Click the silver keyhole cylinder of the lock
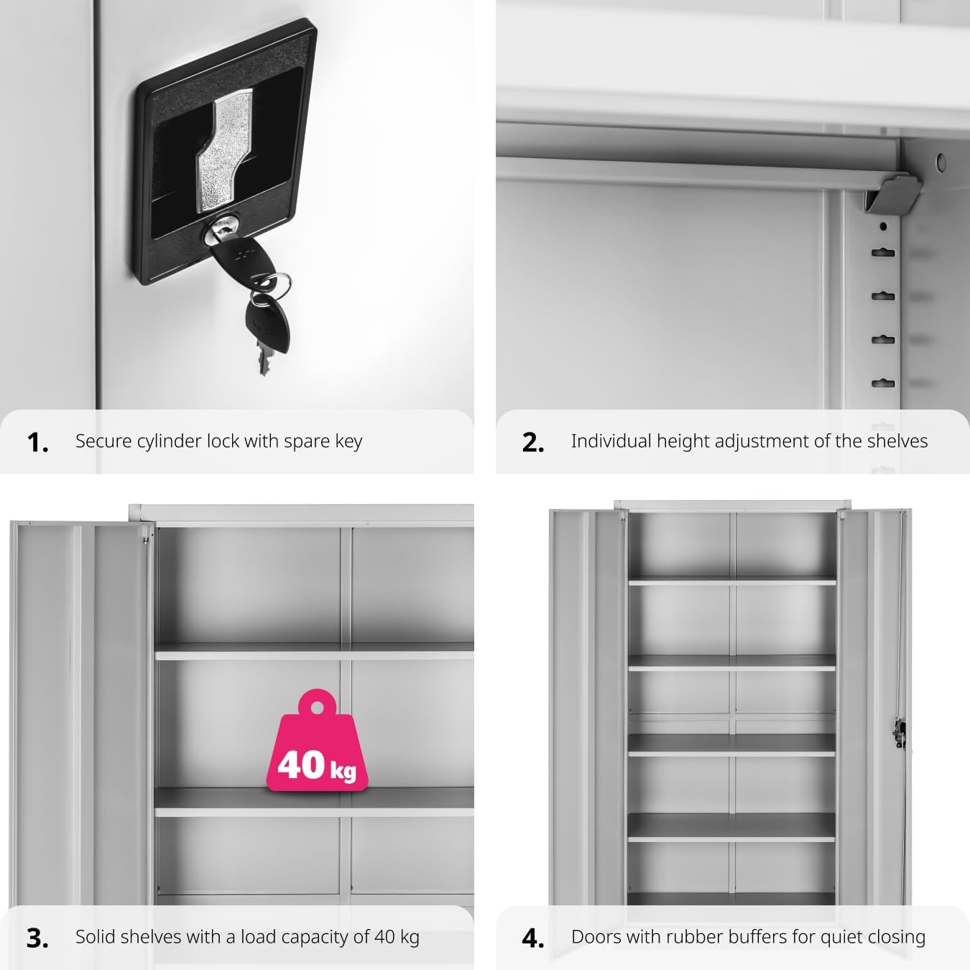220,231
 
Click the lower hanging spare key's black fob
261,320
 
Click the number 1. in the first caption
37,443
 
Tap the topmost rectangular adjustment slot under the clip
883,253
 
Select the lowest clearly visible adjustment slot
883,383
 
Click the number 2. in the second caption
533,443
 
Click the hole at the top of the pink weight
316,706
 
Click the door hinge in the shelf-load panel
147,533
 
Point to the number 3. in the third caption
37,938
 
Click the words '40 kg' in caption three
397,937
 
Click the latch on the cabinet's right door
897,733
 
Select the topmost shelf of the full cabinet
731,580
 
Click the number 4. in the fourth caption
533,938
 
